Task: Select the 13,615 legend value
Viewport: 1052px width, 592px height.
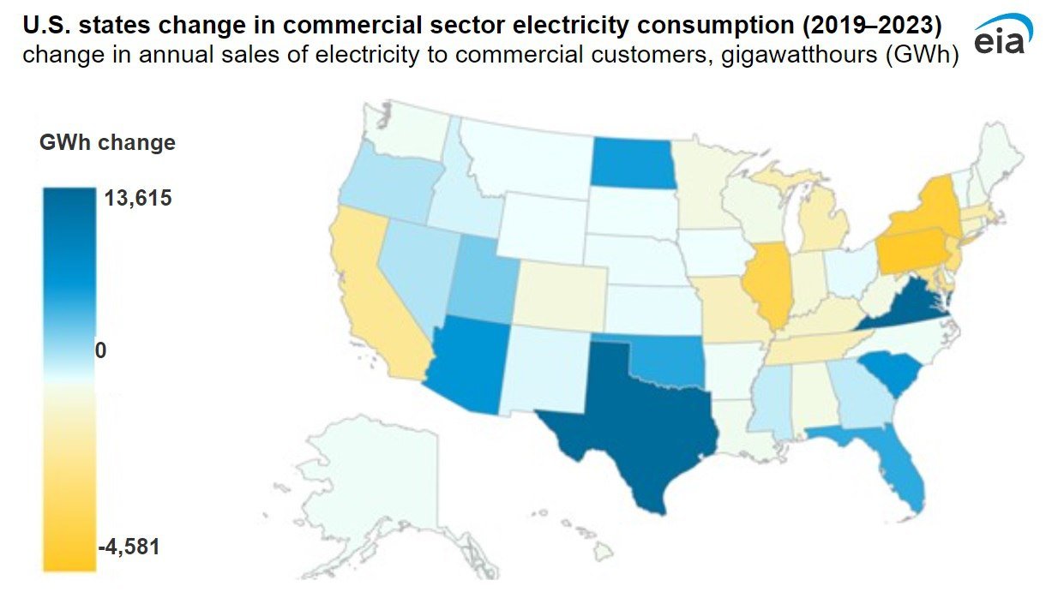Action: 138,198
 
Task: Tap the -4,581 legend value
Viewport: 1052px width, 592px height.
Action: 129,547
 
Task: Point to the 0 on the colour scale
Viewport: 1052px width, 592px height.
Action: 100,350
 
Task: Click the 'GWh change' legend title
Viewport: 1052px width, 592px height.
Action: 107,142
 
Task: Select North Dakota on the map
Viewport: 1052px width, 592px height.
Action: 633,163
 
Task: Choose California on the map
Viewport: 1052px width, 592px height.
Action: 371,291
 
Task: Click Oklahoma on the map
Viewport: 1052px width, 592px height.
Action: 667,362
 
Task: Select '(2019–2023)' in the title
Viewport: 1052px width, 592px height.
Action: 872,26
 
